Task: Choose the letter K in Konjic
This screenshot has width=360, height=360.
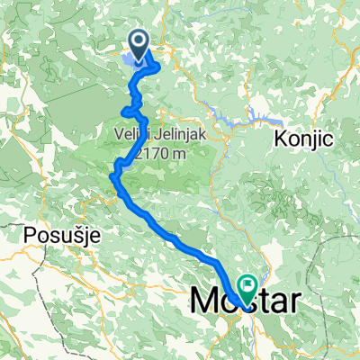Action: click(x=281, y=140)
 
